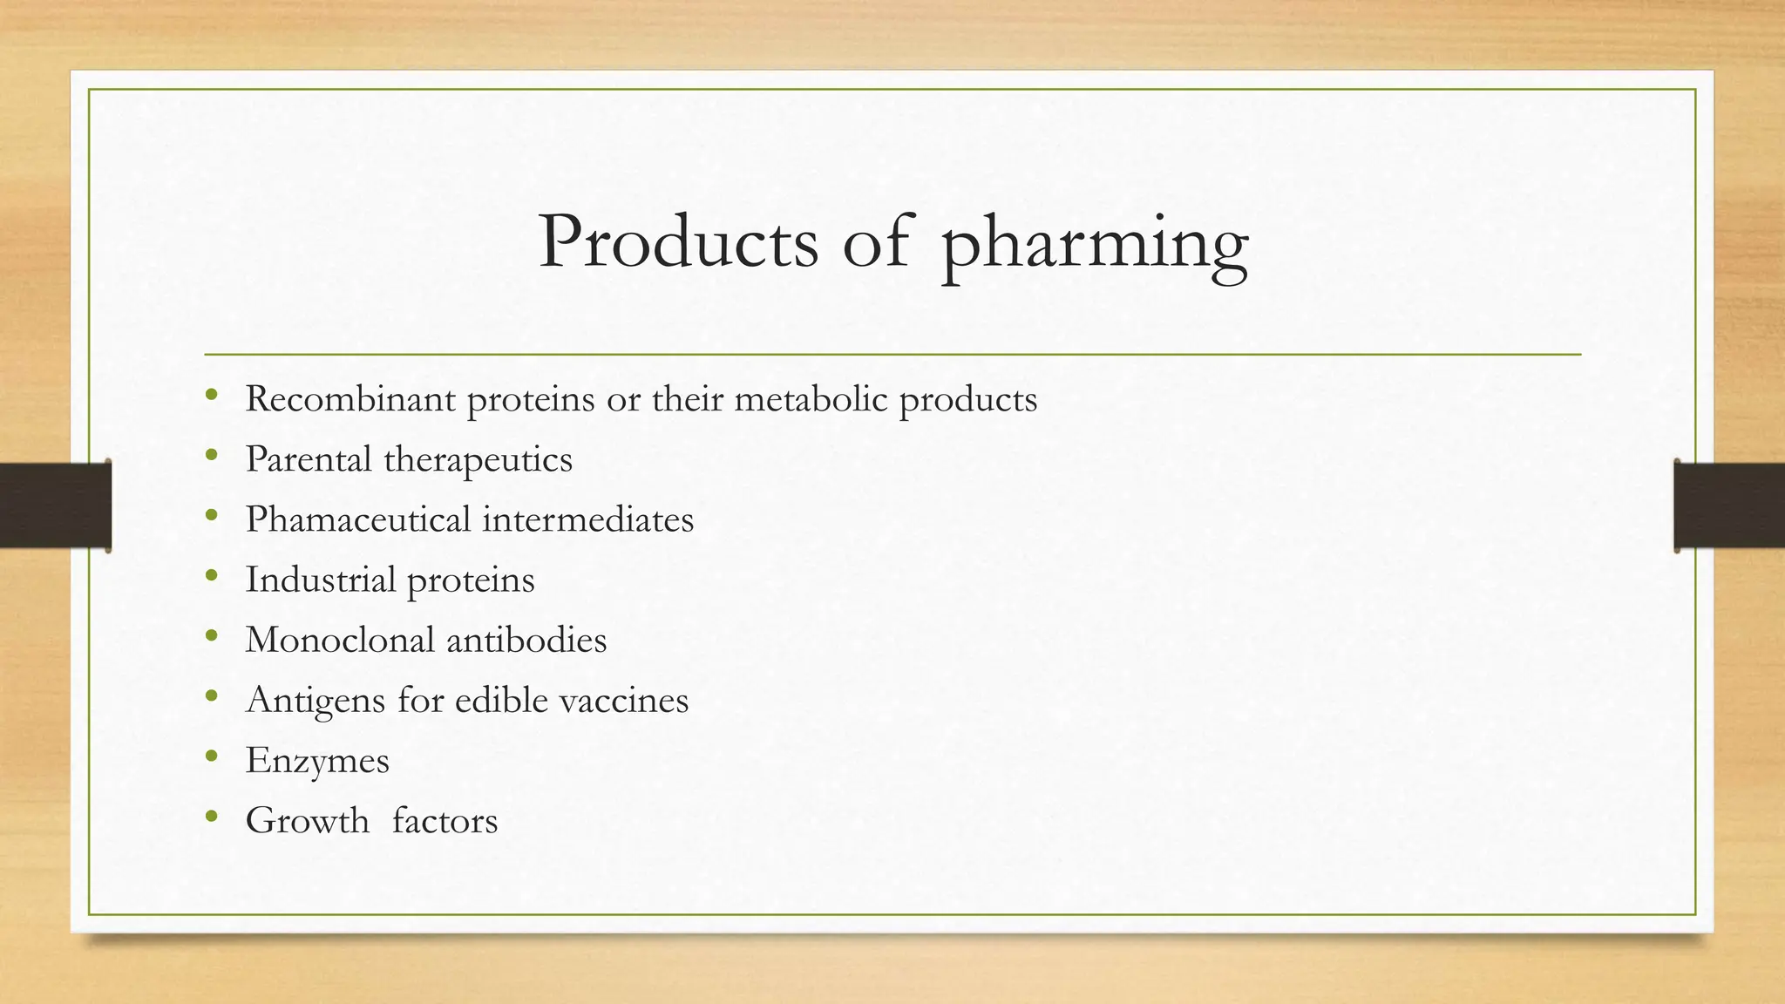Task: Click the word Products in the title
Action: click(678, 241)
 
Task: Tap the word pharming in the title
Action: click(1095, 244)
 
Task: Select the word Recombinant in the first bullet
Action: click(350, 399)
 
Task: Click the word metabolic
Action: click(811, 399)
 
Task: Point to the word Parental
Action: click(309, 459)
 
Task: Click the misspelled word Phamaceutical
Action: click(358, 519)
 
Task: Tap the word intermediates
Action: click(588, 519)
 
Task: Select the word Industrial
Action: click(320, 580)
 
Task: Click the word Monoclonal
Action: click(340, 640)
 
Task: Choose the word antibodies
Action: click(526, 640)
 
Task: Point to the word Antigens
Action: click(316, 701)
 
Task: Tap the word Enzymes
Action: click(317, 761)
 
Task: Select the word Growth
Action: click(307, 820)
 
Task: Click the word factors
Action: click(445, 820)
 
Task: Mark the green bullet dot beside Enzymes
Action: click(211, 756)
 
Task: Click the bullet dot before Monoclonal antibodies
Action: click(211, 636)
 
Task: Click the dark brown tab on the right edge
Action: click(1729, 505)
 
